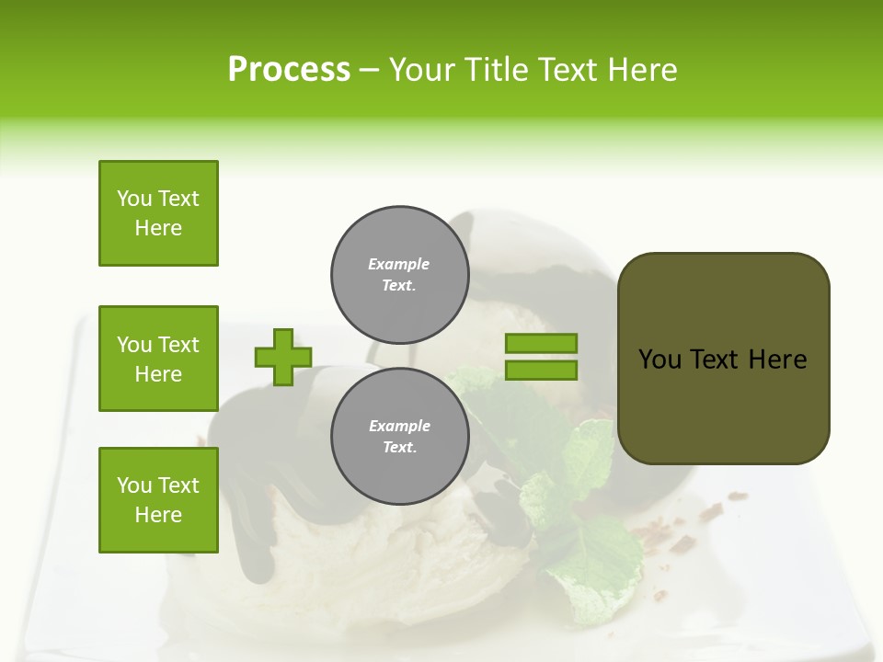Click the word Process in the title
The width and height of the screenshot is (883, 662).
[x=289, y=70]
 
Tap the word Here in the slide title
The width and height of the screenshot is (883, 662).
[x=641, y=70]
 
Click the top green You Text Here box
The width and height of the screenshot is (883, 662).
[x=158, y=213]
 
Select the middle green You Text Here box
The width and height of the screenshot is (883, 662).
[x=158, y=359]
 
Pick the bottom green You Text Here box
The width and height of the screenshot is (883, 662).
[x=158, y=499]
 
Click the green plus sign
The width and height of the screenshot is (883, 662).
[x=283, y=357]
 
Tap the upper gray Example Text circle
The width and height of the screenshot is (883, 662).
[x=399, y=275]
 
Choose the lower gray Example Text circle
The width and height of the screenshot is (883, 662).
[x=399, y=437]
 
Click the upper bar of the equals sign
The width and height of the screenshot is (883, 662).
[x=541, y=344]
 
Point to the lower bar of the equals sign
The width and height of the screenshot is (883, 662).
[x=541, y=370]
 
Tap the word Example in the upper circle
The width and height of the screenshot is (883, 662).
[x=399, y=264]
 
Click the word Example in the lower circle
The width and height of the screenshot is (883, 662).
[x=399, y=426]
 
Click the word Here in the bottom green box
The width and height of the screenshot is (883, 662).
[x=158, y=515]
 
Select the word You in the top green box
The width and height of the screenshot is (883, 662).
[x=134, y=199]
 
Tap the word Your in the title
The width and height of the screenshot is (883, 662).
[x=422, y=70]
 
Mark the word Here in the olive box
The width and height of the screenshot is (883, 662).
[x=777, y=360]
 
